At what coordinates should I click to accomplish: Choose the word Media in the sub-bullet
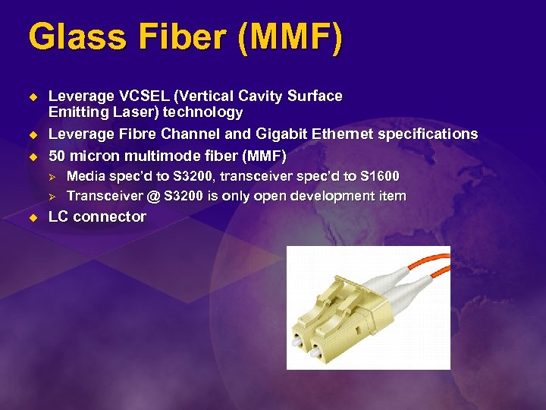84,176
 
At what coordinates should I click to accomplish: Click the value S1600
379,176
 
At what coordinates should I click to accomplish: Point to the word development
343,196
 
